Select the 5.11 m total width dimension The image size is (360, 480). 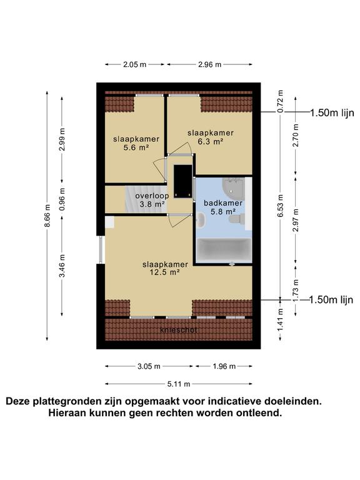click(x=179, y=384)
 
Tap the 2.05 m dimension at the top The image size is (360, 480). click(x=134, y=64)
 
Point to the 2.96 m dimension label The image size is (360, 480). click(x=210, y=64)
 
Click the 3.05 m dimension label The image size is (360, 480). click(x=149, y=366)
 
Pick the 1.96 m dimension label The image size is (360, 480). click(x=224, y=366)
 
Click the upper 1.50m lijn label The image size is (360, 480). click(x=331, y=112)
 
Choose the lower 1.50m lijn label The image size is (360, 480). click(x=331, y=300)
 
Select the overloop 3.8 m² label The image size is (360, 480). click(x=151, y=199)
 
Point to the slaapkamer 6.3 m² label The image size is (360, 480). click(x=211, y=137)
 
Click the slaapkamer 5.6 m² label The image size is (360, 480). click(x=136, y=143)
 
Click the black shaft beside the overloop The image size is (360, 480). click(x=182, y=179)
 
